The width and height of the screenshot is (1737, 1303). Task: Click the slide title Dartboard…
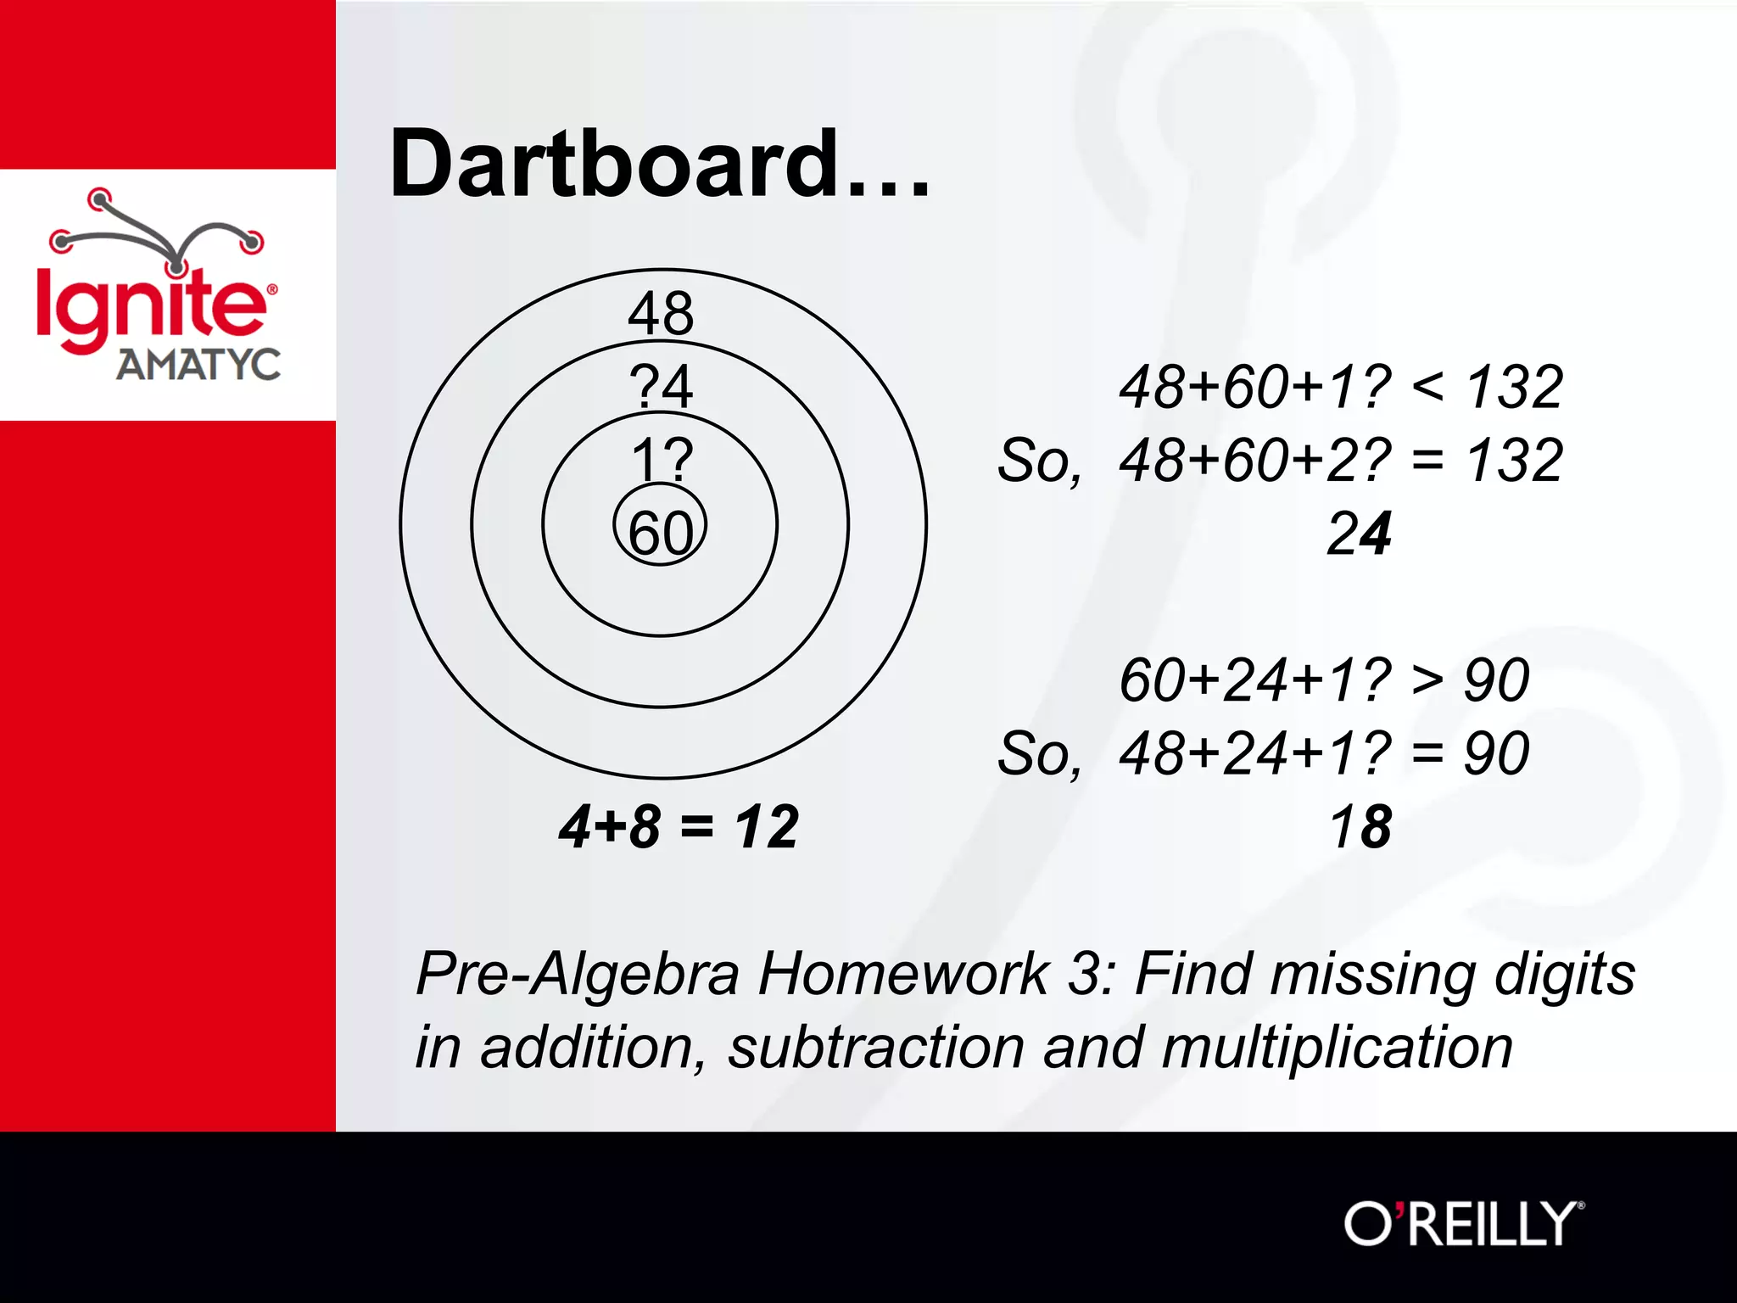pos(659,164)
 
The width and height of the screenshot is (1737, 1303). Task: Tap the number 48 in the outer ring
pos(661,313)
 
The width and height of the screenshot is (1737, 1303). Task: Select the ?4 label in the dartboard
pos(661,386)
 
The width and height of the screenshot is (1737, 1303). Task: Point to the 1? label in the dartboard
pos(662,460)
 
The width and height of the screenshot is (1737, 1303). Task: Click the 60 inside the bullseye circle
pos(661,533)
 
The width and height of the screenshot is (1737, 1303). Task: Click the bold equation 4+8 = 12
pos(679,826)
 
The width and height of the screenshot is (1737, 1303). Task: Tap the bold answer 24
pos(1359,534)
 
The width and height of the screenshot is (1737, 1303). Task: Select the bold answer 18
pos(1360,826)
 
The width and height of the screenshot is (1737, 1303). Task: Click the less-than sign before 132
pos(1427,387)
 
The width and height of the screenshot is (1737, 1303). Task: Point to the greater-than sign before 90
pos(1427,679)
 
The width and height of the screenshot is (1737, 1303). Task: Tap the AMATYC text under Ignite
pos(198,365)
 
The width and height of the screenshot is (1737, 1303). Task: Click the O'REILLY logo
pos(1463,1223)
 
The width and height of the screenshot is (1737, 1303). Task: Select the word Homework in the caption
pos(904,973)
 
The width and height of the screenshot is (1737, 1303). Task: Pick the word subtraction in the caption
pos(876,1047)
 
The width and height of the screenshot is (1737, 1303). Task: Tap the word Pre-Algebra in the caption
pos(578,973)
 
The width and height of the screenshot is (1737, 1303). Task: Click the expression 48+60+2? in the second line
pos(1255,461)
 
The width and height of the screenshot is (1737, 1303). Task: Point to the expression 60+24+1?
pos(1255,679)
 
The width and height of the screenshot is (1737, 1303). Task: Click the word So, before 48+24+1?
pos(1040,754)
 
